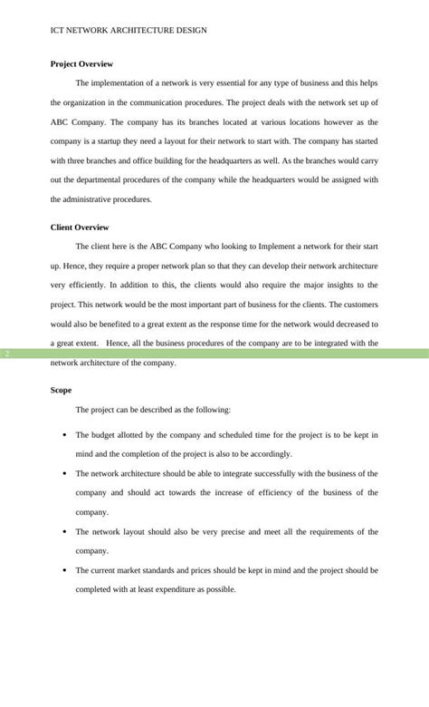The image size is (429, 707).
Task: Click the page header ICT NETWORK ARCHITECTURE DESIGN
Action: point(129,30)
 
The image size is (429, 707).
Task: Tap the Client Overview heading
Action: point(80,228)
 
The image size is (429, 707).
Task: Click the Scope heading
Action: point(62,390)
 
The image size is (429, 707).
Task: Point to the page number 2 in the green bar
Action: point(6,353)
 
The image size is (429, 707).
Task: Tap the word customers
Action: point(356,305)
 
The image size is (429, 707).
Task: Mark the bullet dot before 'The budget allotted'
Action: point(64,435)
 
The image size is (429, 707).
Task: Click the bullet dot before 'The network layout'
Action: point(64,532)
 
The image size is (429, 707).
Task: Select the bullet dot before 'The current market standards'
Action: point(64,571)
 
